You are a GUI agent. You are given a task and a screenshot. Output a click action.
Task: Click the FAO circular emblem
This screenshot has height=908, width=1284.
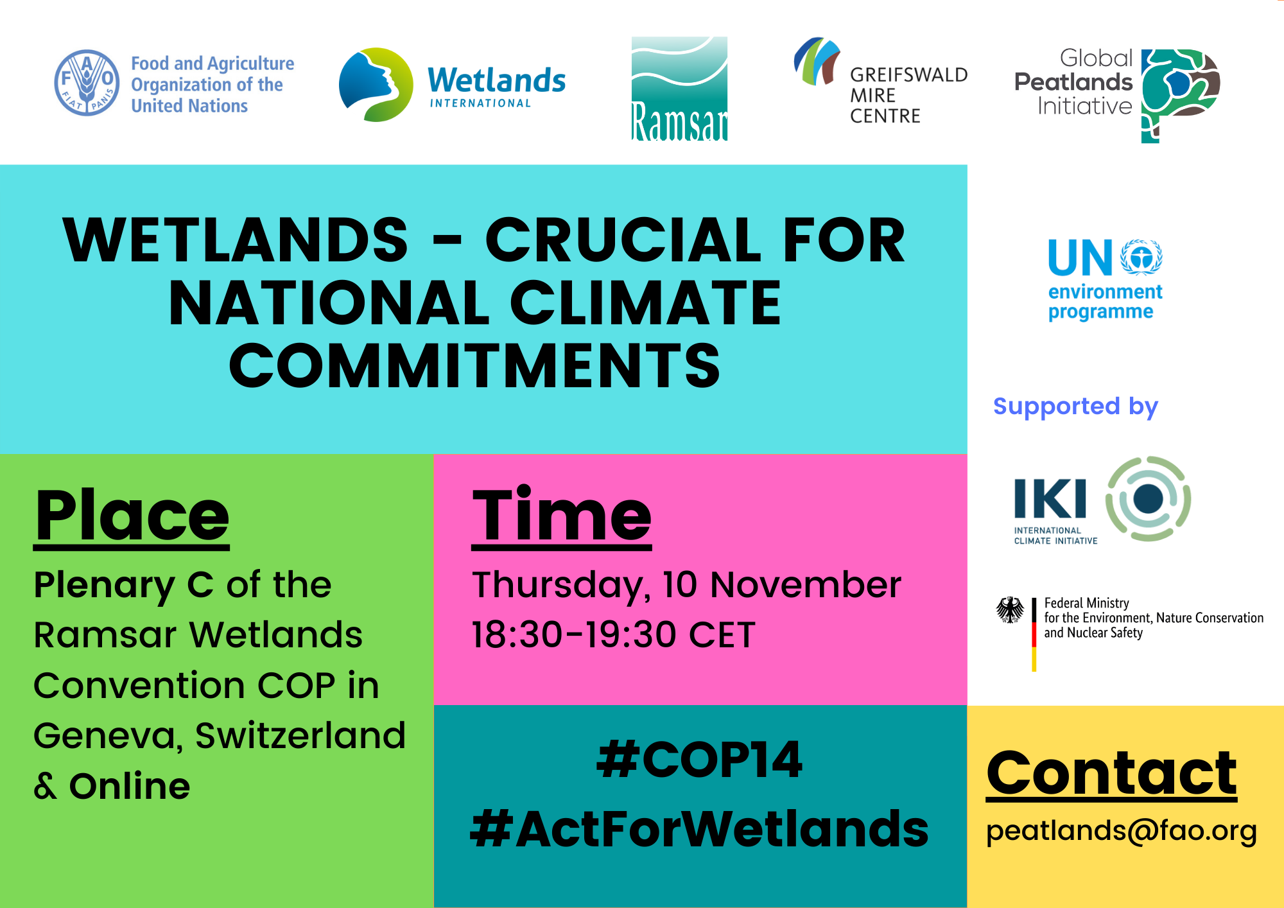(x=87, y=83)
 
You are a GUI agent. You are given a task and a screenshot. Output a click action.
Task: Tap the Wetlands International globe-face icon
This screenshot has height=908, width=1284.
(x=376, y=84)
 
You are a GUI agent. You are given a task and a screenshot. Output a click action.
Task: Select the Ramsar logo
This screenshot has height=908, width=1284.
(x=679, y=89)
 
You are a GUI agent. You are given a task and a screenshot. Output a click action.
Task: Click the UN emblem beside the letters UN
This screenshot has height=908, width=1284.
(x=1141, y=257)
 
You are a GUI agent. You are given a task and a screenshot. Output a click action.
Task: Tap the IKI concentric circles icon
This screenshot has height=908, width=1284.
(x=1149, y=498)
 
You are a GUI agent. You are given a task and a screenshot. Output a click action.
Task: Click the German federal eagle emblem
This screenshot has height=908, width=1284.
(x=1010, y=609)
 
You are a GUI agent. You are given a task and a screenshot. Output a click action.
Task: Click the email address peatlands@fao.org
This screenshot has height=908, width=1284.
(x=1122, y=832)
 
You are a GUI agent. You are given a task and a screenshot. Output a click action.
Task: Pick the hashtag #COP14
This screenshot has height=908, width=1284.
(x=699, y=760)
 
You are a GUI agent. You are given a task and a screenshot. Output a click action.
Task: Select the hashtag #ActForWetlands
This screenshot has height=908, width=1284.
(x=699, y=828)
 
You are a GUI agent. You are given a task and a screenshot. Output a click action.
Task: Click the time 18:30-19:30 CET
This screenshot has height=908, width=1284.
(x=613, y=635)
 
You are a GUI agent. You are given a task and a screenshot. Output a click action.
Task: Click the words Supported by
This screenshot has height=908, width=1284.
(x=1075, y=407)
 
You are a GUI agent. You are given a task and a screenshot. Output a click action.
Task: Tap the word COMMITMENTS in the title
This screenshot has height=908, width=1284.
(x=475, y=365)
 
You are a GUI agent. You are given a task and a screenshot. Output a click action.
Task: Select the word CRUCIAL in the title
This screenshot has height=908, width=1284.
(x=623, y=240)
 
